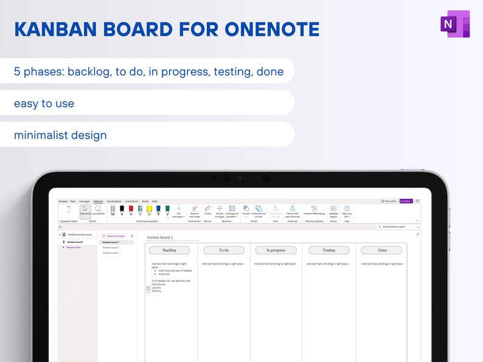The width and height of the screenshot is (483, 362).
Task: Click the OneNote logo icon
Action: (454, 24)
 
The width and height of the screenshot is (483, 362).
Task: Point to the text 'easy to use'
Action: (44, 103)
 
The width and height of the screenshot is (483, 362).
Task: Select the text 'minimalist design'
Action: (60, 135)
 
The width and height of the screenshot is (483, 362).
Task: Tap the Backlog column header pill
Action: (170, 250)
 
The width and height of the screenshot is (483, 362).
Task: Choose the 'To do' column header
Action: (224, 250)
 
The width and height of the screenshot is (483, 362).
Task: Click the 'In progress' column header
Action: (276, 250)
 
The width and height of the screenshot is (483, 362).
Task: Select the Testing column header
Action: (328, 250)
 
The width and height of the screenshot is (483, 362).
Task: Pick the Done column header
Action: (381, 250)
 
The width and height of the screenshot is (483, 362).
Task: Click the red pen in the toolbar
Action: (131, 210)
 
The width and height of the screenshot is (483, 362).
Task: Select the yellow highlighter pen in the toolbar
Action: (149, 210)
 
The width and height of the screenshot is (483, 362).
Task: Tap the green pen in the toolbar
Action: (167, 210)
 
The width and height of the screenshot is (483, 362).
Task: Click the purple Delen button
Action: (406, 201)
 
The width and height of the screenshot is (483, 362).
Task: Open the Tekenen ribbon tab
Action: (98, 201)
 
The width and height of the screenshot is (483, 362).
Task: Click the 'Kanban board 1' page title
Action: (160, 237)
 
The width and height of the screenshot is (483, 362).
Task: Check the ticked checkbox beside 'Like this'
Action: (148, 288)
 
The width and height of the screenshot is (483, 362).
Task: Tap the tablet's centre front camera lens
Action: (226, 179)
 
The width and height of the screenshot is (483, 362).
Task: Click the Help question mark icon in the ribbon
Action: (347, 209)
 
